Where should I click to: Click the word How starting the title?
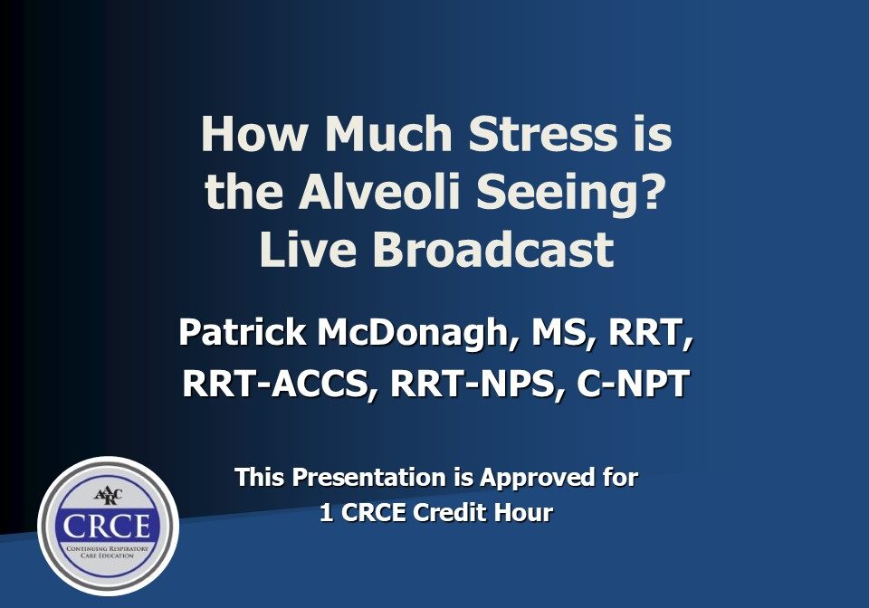253,134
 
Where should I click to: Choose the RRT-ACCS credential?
280,384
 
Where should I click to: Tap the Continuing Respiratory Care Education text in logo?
108,550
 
